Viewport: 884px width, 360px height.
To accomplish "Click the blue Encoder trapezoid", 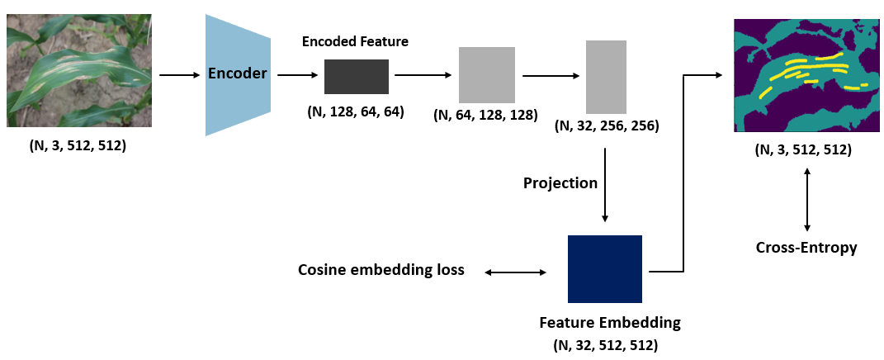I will [238, 74].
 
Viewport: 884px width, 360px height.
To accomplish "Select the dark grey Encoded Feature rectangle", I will [356, 76].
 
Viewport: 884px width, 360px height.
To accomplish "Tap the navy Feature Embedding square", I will [605, 269].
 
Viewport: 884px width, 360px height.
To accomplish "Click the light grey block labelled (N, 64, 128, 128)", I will [487, 74].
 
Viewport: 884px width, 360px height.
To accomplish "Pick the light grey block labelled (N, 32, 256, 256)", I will [607, 76].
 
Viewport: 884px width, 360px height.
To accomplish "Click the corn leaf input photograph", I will [79, 70].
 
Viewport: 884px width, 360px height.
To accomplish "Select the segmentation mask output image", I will [803, 76].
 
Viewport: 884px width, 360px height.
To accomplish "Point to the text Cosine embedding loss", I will [381, 271].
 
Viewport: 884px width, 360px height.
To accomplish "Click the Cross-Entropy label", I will [806, 247].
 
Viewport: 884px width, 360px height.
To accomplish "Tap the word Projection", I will [560, 182].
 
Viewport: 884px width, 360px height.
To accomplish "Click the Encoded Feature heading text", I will [355, 41].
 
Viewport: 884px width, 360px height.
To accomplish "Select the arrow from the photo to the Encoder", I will [179, 75].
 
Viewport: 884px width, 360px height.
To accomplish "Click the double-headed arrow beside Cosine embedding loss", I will [516, 272].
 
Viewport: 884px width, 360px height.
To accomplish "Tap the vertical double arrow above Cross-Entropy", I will [806, 198].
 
